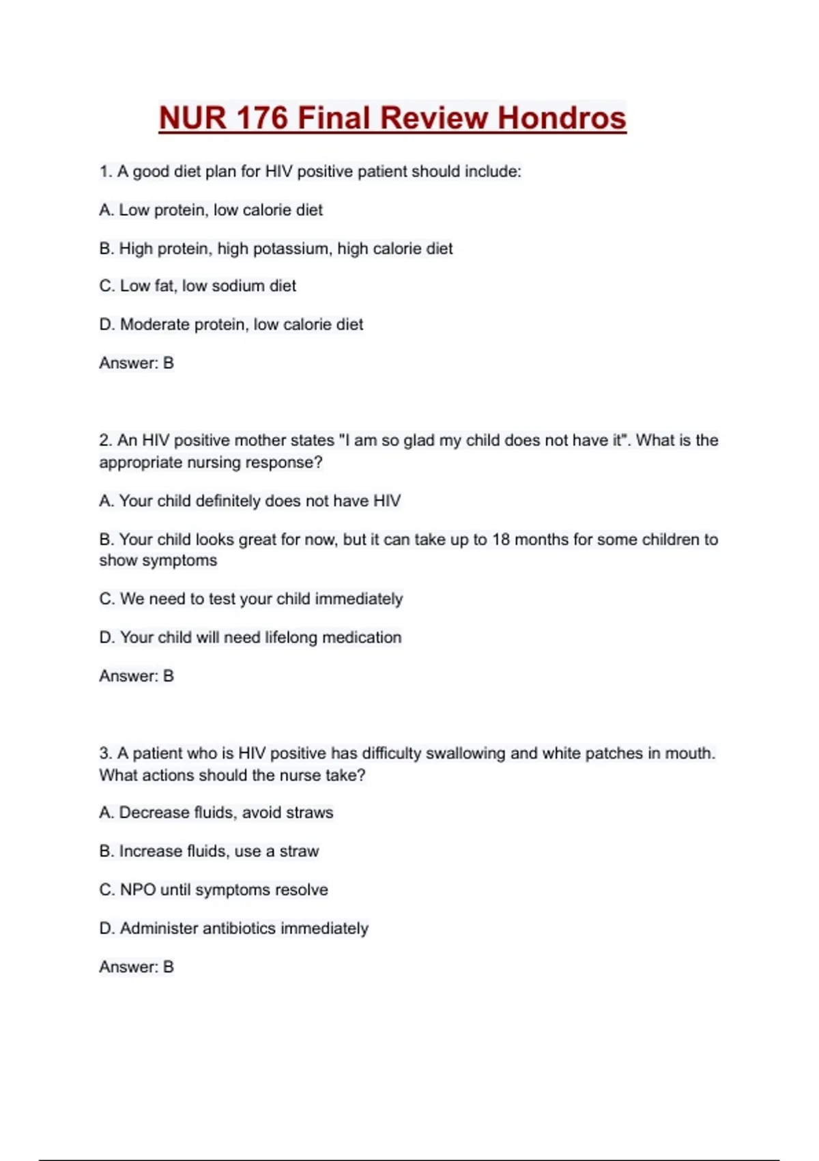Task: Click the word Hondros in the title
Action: pyautogui.click(x=561, y=117)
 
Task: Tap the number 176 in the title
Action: pyautogui.click(x=262, y=117)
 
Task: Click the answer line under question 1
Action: pyautogui.click(x=136, y=363)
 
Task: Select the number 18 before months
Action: pyautogui.click(x=500, y=540)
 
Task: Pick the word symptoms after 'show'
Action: pyautogui.click(x=186, y=561)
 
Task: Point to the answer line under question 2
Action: pyautogui.click(x=136, y=676)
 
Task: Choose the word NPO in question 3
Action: pyautogui.click(x=138, y=890)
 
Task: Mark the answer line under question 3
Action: pyautogui.click(x=136, y=967)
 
